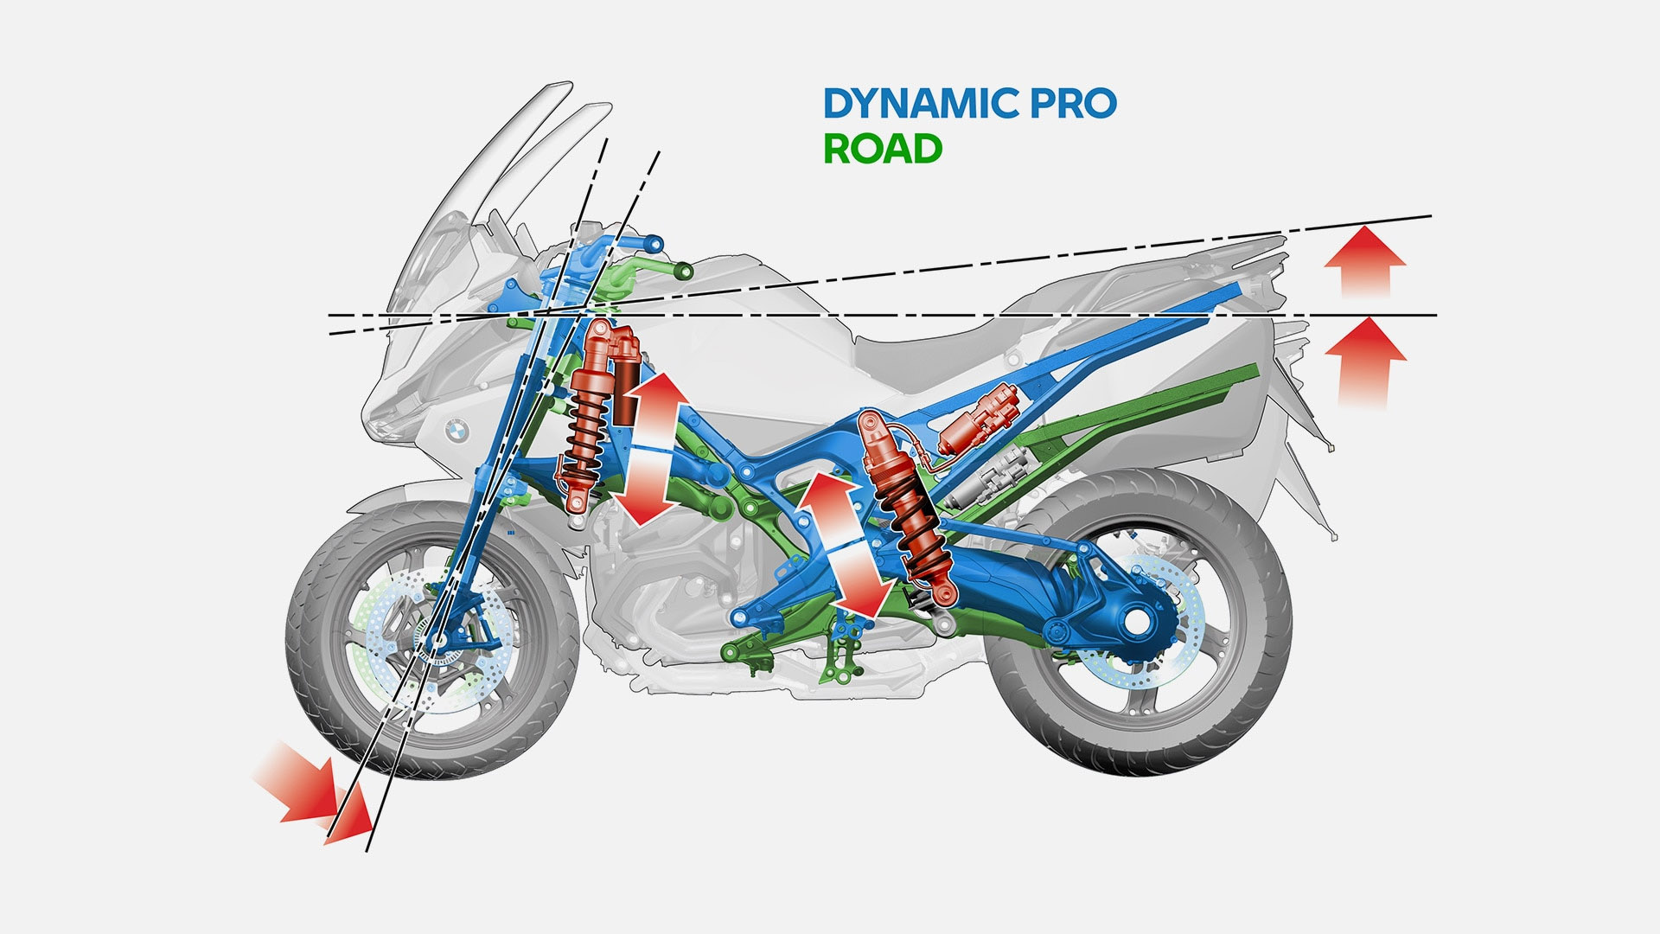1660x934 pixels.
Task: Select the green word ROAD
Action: [x=882, y=149]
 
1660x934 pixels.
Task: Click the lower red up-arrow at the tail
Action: [x=1366, y=363]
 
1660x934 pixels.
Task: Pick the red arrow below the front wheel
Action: [x=316, y=796]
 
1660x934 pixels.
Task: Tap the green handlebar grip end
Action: [x=683, y=272]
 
